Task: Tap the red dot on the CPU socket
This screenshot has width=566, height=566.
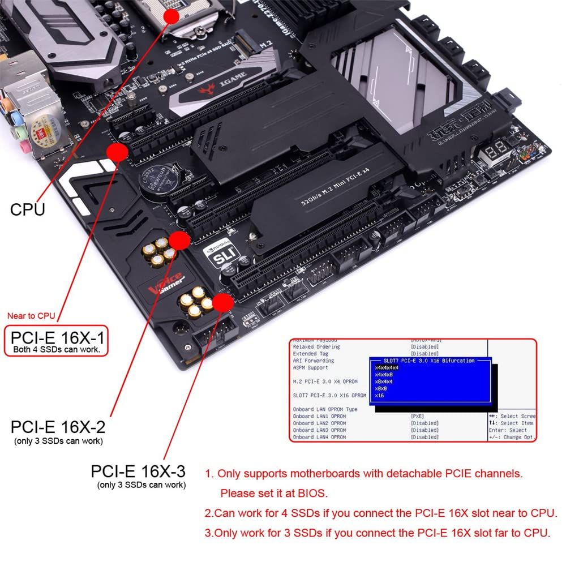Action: click(x=171, y=16)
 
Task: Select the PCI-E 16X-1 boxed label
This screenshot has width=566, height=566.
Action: click(x=57, y=341)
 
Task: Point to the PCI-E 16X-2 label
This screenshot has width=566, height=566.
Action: click(x=58, y=426)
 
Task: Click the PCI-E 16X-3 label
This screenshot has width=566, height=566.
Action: click(x=138, y=471)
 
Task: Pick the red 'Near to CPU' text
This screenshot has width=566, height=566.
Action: click(x=31, y=316)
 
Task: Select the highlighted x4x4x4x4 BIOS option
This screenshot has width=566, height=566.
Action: click(x=387, y=367)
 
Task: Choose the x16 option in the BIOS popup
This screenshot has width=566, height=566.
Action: click(x=379, y=395)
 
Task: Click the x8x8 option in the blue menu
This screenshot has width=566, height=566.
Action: click(x=381, y=388)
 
